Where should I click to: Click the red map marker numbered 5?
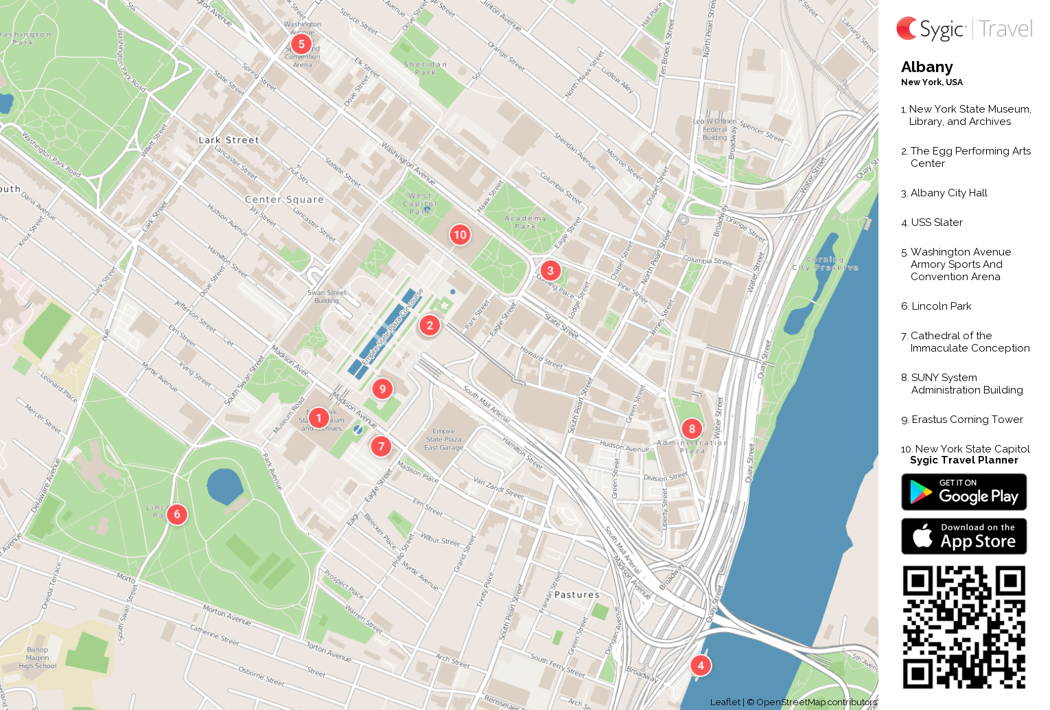pos(301,44)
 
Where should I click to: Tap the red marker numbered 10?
pos(460,235)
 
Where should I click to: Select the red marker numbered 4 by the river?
pos(700,665)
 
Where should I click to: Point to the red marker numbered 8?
pos(692,429)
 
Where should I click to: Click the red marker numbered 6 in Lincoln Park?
pos(177,514)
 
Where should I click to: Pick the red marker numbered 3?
pos(550,271)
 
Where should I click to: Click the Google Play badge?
pos(964,492)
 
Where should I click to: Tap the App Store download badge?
pos(964,536)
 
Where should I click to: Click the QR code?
pos(964,627)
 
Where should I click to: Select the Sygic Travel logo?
pos(964,29)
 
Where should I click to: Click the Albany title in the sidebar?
pos(926,67)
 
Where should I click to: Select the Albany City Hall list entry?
pos(948,193)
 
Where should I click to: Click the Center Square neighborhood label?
pos(284,200)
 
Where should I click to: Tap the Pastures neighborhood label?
pos(576,595)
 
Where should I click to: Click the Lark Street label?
pos(229,140)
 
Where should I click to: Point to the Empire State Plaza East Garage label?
pos(443,439)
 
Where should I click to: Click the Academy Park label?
pos(526,222)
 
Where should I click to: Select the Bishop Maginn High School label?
pos(38,658)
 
